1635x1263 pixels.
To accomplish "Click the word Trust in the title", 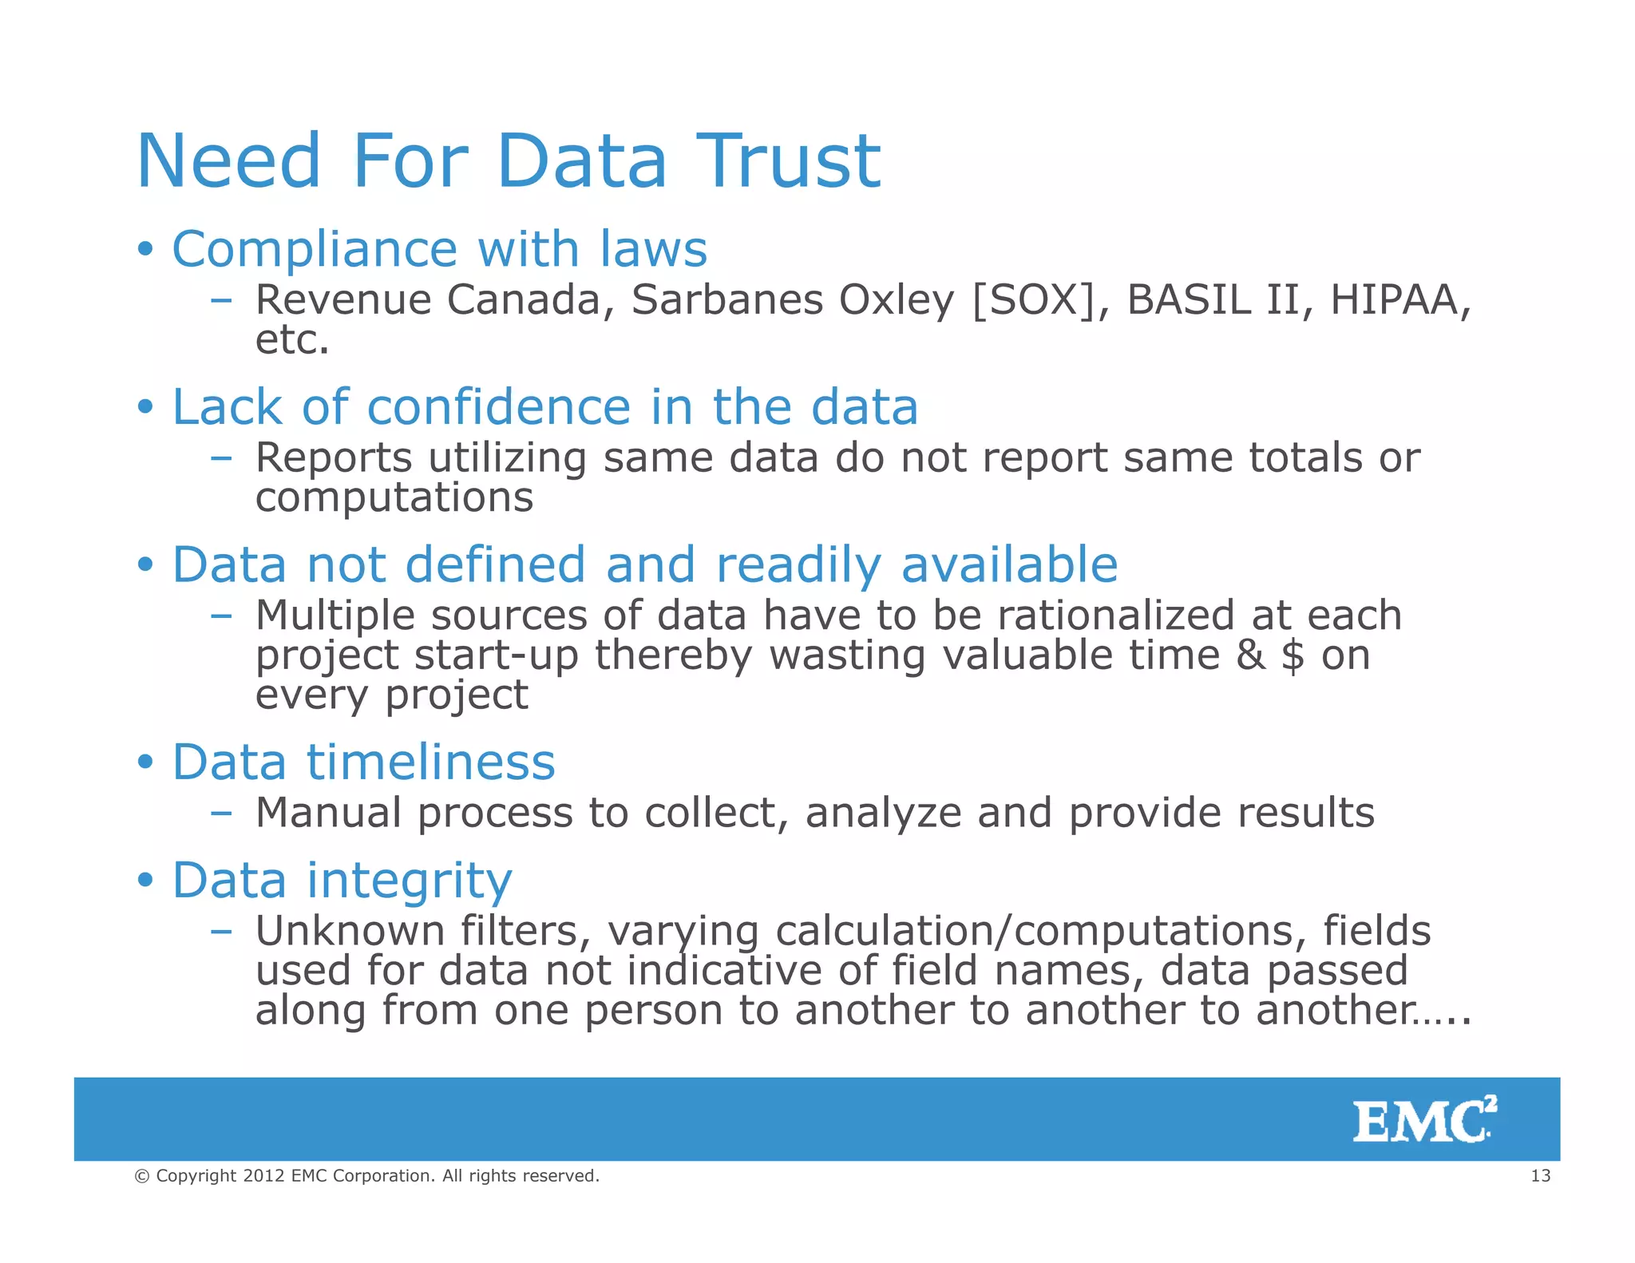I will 788,161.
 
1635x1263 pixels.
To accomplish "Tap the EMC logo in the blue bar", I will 1424,1120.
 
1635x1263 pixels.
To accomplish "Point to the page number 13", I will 1540,1175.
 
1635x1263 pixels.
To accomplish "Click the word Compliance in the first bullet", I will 315,249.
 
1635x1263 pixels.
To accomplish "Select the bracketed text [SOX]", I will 1034,300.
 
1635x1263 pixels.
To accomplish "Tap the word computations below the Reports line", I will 394,498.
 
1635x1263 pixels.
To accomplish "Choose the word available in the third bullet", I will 1009,564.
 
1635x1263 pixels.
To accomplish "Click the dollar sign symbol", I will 1293,656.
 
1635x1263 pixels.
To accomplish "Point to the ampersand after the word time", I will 1250,655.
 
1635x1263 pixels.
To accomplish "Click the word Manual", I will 328,813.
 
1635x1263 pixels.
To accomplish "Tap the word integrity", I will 409,881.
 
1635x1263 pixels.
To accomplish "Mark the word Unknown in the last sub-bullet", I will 350,931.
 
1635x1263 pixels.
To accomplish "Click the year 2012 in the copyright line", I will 263,1175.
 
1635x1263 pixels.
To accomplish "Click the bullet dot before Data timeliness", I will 144,762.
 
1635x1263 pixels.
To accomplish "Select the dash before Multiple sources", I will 221,616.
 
